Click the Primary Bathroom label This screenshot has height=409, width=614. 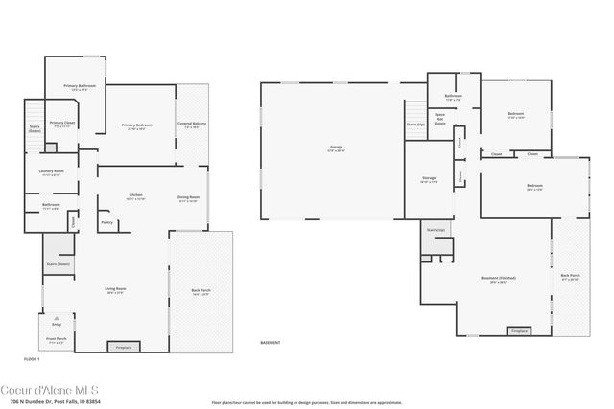point(78,86)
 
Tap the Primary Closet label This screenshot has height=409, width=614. point(62,123)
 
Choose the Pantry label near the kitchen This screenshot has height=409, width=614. point(106,222)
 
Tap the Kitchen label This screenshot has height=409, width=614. point(135,195)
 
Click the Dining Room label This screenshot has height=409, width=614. point(188,197)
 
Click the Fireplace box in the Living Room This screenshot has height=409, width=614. point(123,347)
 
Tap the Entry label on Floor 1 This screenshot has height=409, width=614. point(57,324)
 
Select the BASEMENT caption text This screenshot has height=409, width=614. point(272,342)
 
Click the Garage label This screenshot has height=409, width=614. point(336,148)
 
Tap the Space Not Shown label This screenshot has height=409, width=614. point(439,120)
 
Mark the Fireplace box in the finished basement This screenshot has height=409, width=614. point(519,331)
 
